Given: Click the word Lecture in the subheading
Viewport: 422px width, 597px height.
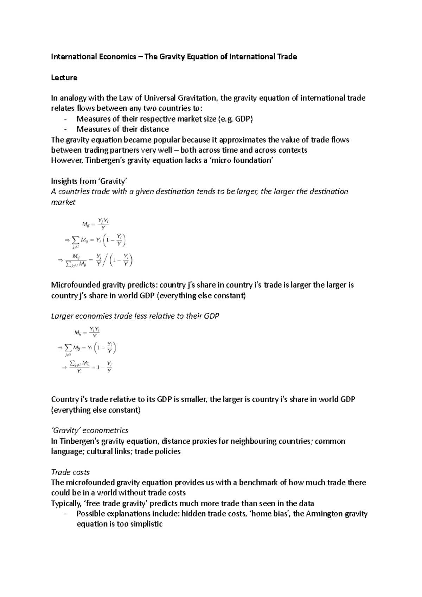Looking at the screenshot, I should (x=64, y=78).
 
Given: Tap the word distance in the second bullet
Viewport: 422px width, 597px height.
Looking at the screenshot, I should (x=154, y=129).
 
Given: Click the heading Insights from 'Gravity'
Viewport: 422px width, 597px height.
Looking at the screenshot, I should (x=89, y=181).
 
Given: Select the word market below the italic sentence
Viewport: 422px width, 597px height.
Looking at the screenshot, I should (x=63, y=202).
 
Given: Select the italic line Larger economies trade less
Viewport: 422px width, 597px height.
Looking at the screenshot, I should (x=135, y=316).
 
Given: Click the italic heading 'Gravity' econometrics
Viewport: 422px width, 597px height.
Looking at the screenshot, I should (x=90, y=431).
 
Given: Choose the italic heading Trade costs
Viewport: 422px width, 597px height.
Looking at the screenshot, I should (x=70, y=472).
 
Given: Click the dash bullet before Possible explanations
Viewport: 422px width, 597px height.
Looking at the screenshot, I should (x=66, y=514).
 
